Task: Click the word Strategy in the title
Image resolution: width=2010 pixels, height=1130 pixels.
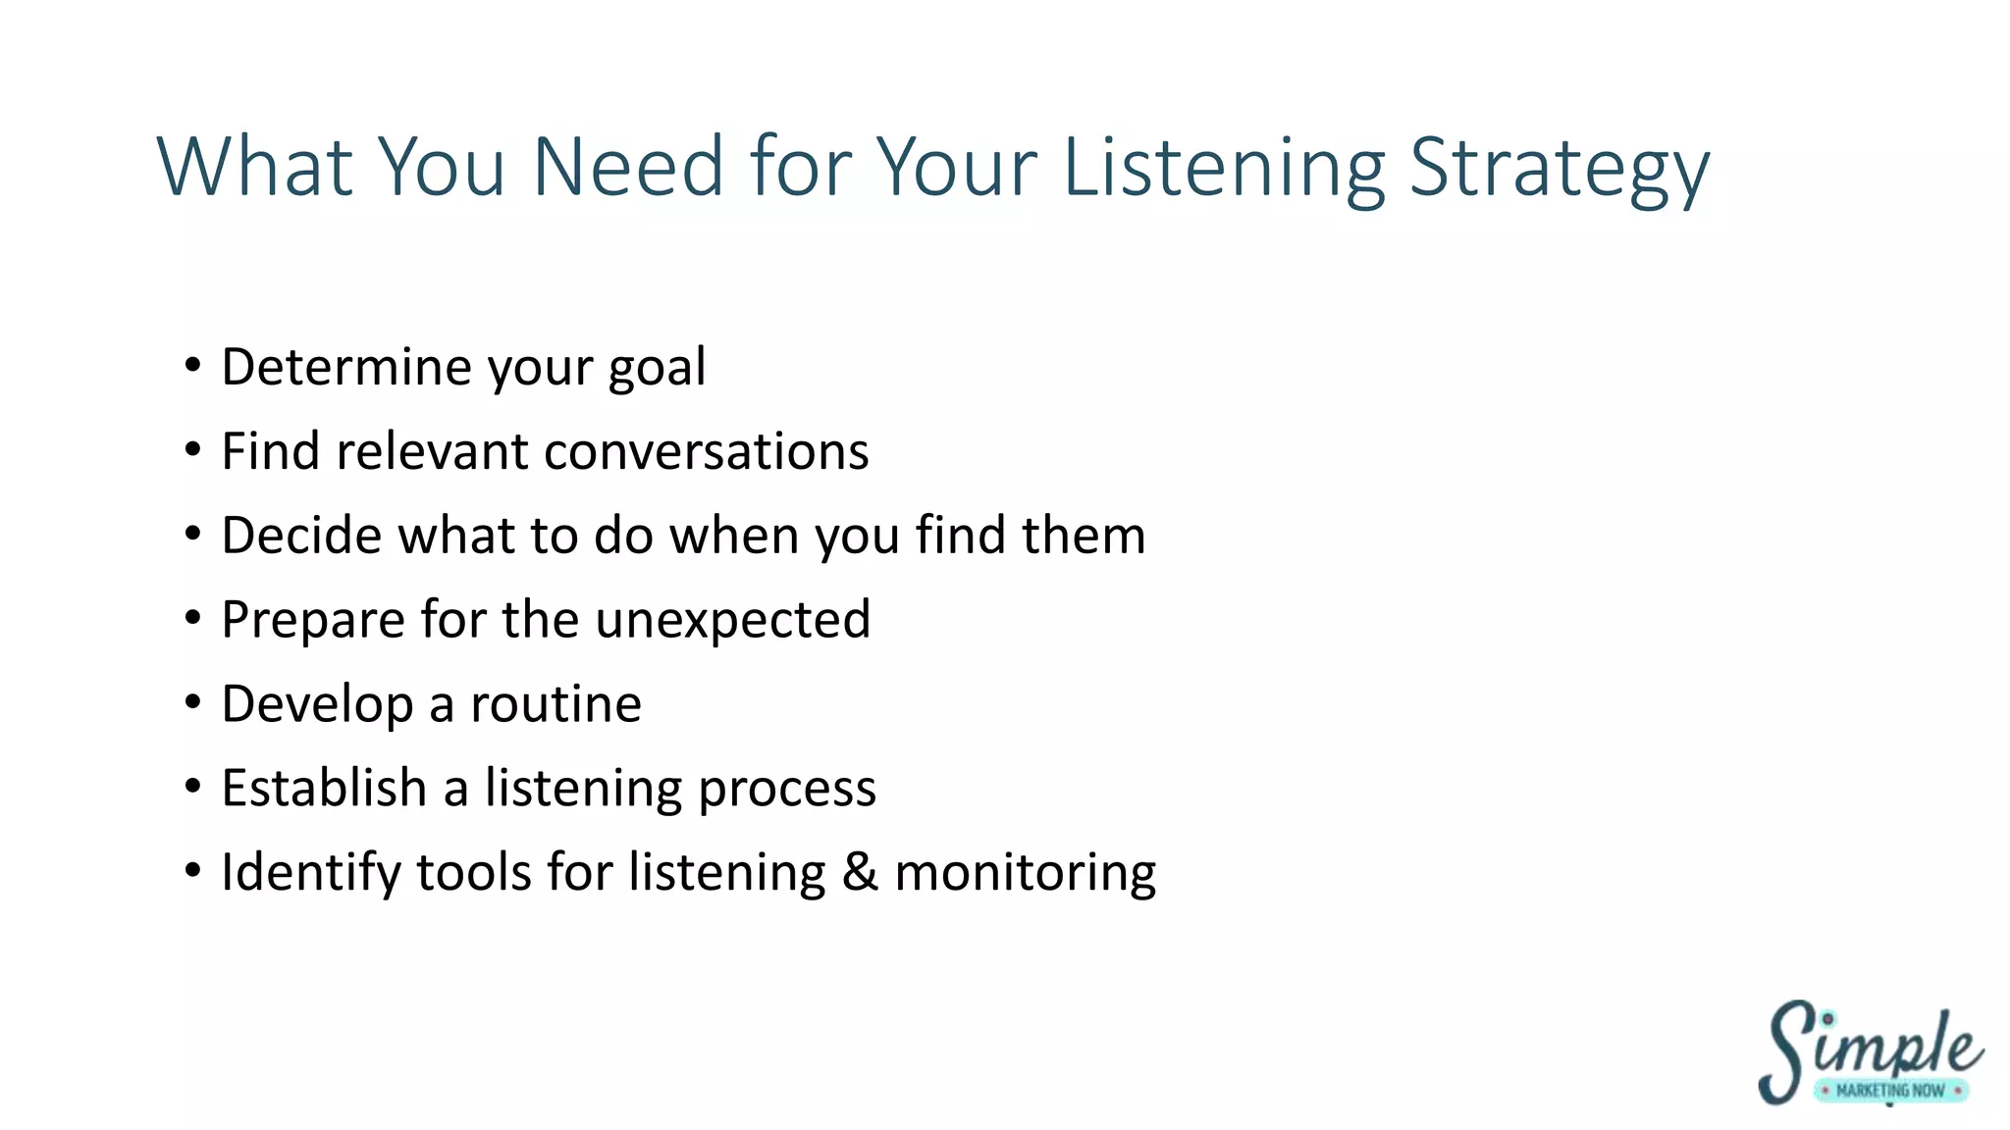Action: point(1560,169)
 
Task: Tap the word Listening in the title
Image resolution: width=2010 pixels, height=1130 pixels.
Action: point(1224,169)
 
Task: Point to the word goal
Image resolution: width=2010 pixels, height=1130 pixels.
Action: point(657,369)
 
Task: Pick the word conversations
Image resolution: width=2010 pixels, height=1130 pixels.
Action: point(707,452)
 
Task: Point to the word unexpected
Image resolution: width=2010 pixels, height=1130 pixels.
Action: point(733,621)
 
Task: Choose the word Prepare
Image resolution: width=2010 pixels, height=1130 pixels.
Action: point(313,621)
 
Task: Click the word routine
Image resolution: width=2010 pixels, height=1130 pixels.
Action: point(555,704)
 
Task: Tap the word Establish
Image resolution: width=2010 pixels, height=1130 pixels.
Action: point(324,789)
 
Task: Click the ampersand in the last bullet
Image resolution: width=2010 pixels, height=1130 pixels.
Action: point(860,873)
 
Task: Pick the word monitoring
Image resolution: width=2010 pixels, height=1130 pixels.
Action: point(1026,874)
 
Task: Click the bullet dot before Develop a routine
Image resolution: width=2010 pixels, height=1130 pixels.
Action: point(192,702)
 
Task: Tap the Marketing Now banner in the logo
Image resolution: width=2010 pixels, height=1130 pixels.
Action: point(1889,1091)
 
